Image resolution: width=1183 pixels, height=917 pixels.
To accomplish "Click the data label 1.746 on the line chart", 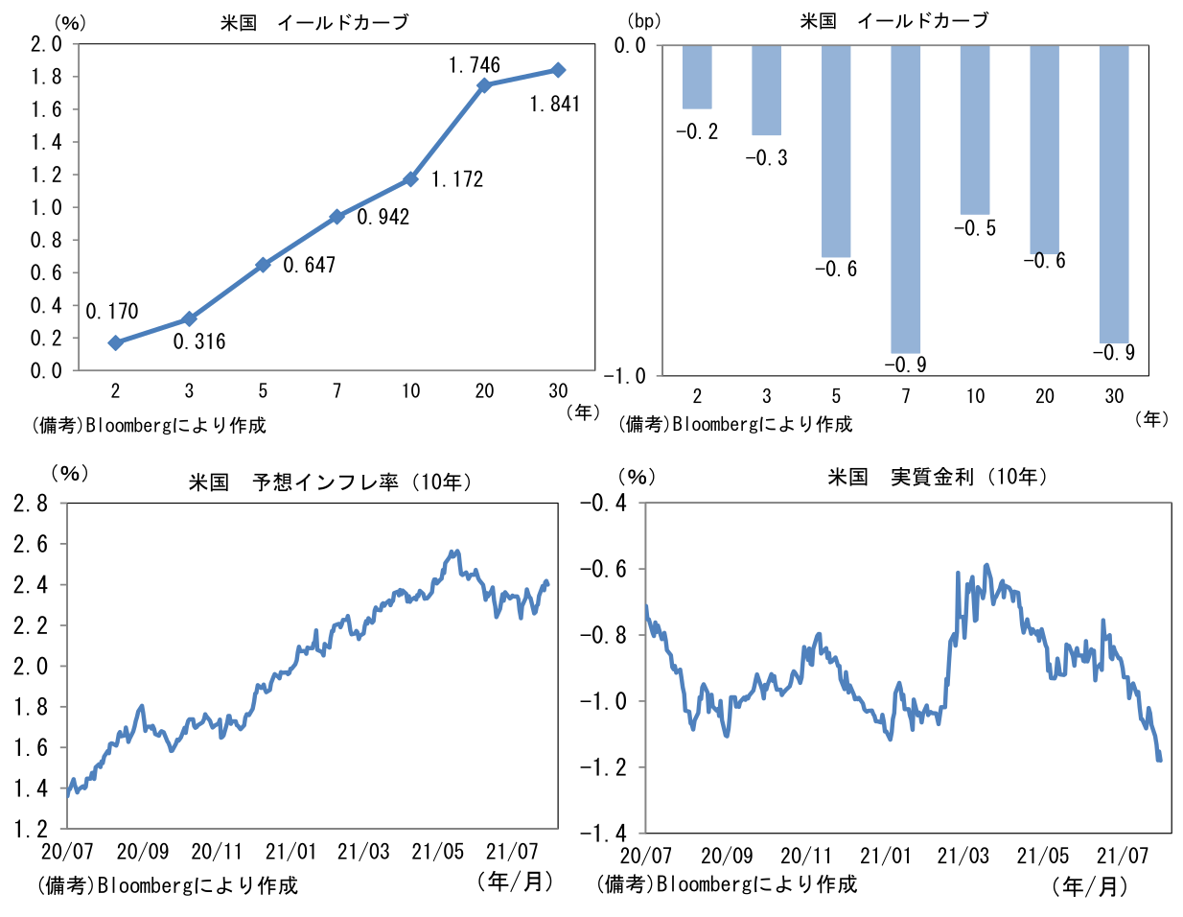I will point(474,65).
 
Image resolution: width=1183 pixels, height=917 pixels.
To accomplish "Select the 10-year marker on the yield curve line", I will point(410,179).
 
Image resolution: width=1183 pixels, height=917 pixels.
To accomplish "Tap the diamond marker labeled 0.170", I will point(116,342).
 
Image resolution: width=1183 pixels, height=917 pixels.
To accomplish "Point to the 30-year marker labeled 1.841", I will point(558,70).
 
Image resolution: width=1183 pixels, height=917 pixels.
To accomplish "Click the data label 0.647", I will point(309,265).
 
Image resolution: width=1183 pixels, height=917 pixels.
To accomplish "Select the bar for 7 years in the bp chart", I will point(905,200).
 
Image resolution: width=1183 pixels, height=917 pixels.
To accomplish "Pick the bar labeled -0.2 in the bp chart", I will point(697,77).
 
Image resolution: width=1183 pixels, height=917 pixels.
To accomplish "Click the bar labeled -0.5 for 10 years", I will point(975,129).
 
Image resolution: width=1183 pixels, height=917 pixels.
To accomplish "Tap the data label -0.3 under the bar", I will point(766,158).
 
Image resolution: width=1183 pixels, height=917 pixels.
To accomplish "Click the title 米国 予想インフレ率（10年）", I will point(331,482).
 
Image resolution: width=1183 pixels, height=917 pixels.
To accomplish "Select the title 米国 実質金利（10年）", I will point(938,477).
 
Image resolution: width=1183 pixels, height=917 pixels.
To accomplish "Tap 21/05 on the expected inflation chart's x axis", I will point(437,852).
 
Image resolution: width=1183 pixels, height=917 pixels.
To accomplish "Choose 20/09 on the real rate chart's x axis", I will point(726,856).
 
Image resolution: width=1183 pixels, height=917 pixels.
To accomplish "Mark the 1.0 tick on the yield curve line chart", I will point(45,207).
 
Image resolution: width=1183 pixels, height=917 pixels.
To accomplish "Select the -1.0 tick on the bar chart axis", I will point(624,376).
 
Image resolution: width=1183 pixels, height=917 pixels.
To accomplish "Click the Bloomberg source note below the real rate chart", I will point(726,884).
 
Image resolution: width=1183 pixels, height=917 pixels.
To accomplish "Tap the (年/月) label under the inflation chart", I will point(515,881).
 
